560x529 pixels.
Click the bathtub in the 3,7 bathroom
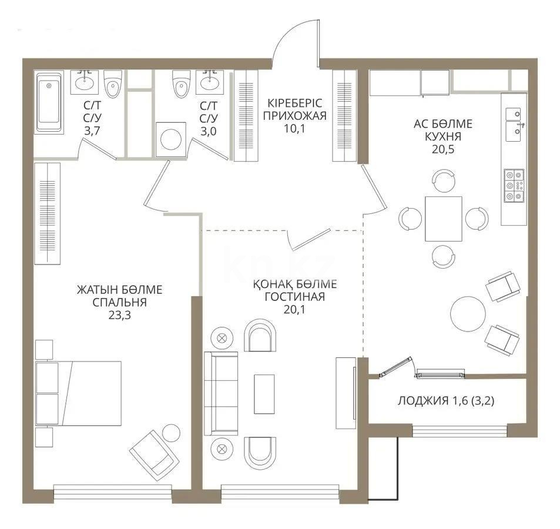pyautogui.click(x=49, y=103)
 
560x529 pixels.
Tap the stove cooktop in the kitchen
pyautogui.click(x=514, y=186)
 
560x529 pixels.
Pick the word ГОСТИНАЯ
pyautogui.click(x=294, y=297)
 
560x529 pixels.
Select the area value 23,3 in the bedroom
pyautogui.click(x=119, y=316)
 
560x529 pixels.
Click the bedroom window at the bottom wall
pyautogui.click(x=112, y=488)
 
